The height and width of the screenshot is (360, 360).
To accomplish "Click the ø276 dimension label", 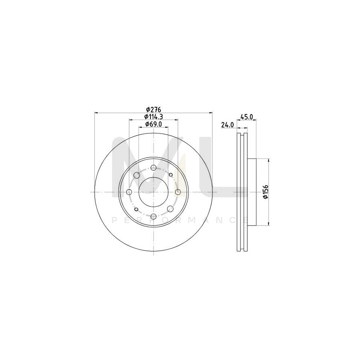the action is coord(153,110).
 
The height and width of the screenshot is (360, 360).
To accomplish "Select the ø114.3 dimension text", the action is coord(154,117).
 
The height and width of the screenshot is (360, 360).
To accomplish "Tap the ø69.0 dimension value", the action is coord(154,124).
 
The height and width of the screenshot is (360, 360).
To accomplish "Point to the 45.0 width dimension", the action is coord(246,117).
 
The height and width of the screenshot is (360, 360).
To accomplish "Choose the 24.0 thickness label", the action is coord(227,125).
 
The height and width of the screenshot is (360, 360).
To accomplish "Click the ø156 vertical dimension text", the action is coord(266,192).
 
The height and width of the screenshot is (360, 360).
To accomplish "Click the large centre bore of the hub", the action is coord(153,192).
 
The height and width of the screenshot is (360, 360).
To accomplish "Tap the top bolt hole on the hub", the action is coord(154,167).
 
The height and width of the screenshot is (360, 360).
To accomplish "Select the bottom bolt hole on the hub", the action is coord(154,216).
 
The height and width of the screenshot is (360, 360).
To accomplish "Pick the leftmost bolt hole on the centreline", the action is coord(129,192).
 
